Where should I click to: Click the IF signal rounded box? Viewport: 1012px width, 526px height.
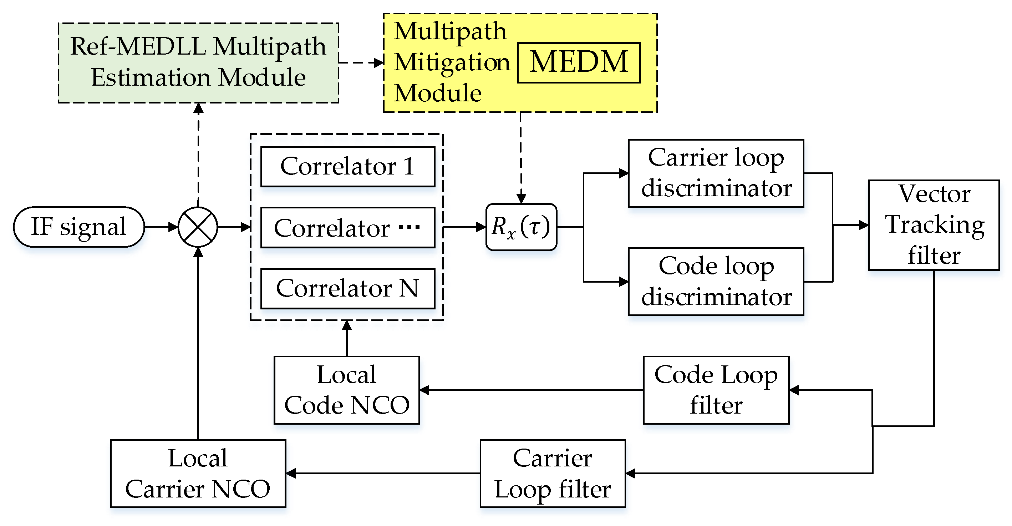click(x=78, y=227)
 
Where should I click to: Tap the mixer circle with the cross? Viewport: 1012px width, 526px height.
click(x=198, y=227)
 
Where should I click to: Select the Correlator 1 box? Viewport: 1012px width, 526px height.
click(x=347, y=166)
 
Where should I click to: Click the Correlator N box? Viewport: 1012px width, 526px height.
click(x=347, y=288)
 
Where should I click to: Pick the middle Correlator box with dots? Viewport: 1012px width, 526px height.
click(x=347, y=228)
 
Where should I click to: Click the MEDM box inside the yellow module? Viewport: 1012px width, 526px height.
click(x=578, y=62)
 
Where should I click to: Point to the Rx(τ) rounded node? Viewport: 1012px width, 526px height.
click(x=521, y=227)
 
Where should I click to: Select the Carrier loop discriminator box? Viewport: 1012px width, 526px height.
click(x=716, y=173)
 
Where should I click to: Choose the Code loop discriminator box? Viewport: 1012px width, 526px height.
click(x=716, y=282)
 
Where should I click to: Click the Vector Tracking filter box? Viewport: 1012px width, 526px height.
click(x=934, y=225)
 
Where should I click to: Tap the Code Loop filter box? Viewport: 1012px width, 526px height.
click(x=716, y=390)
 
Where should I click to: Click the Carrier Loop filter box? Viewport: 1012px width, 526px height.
click(x=552, y=473)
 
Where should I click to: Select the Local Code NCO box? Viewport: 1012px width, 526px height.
click(x=346, y=390)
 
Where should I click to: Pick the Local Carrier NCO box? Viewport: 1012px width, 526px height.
click(x=198, y=473)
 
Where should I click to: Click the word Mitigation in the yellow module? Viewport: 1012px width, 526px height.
click(x=452, y=62)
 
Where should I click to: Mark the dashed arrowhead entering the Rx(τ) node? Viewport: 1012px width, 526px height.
click(x=521, y=198)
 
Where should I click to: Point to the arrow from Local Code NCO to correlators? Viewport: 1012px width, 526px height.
click(x=346, y=338)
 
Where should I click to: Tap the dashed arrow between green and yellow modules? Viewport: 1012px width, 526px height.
click(x=361, y=62)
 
